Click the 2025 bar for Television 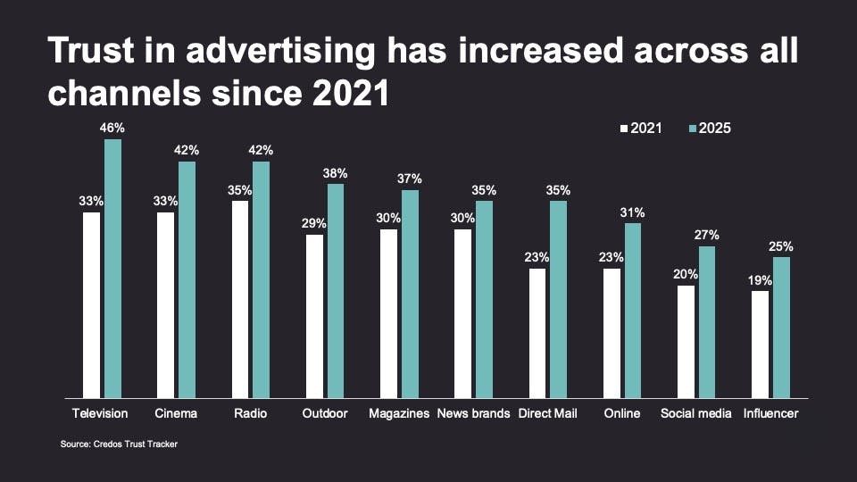(x=112, y=268)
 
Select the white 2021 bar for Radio (x=240, y=299)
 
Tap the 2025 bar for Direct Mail (x=558, y=299)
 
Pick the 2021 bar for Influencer (x=761, y=344)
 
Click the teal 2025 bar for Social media (x=707, y=321)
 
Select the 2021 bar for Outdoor (x=314, y=316)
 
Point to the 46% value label (x=112, y=129)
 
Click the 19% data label (x=761, y=280)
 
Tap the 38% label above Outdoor (x=336, y=173)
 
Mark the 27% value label (x=707, y=235)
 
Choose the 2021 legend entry (x=641, y=129)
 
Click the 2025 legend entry (x=709, y=129)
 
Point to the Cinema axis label (x=177, y=413)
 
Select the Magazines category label (x=399, y=413)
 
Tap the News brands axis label (x=473, y=413)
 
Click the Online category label (x=622, y=413)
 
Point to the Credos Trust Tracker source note (x=112, y=444)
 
